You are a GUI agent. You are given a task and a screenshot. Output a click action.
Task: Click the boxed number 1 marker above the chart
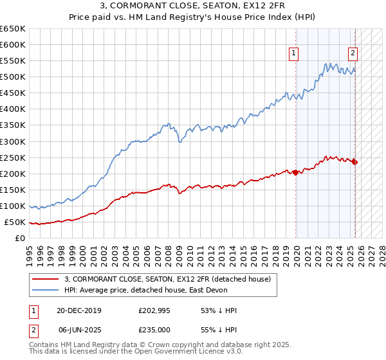click(293, 54)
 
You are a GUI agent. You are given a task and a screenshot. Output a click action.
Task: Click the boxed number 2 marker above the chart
click(353, 54)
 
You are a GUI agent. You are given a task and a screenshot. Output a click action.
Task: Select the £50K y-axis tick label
click(15, 222)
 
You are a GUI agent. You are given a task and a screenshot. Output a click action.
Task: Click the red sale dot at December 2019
click(295, 172)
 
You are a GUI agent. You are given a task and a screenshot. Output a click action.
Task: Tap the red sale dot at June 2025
click(355, 162)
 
